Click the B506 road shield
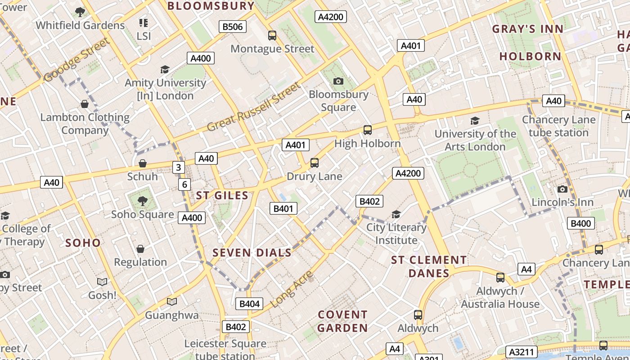pyautogui.click(x=233, y=27)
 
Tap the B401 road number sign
pyautogui.click(x=283, y=208)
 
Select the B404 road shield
pyautogui.click(x=249, y=304)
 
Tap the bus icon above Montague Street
pyautogui.click(x=272, y=35)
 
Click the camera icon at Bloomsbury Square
pyautogui.click(x=338, y=81)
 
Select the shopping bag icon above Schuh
pyautogui.click(x=142, y=163)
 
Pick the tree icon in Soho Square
pyautogui.click(x=142, y=201)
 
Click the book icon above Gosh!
pyautogui.click(x=102, y=282)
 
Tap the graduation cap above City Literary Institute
pyautogui.click(x=396, y=214)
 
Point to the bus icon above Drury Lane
pyautogui.click(x=315, y=163)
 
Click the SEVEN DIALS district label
pyautogui.click(x=252, y=253)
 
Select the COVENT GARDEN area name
pyautogui.click(x=342, y=321)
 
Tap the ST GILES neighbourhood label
pyautogui.click(x=222, y=195)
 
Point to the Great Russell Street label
pyautogui.click(x=253, y=107)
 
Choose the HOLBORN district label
pyautogui.click(x=530, y=56)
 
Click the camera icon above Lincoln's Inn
pyautogui.click(x=562, y=189)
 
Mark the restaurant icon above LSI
pyautogui.click(x=144, y=22)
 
